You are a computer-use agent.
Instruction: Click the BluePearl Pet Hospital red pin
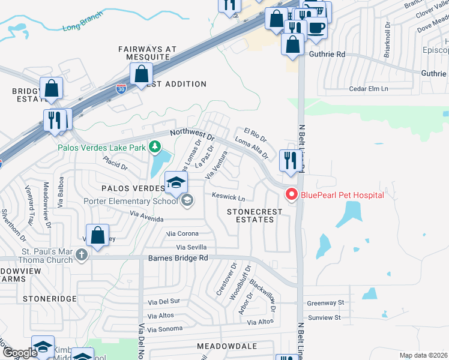[292, 194]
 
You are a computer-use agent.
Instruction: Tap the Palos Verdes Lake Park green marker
[155, 146]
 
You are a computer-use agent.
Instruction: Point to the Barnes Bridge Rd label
[178, 258]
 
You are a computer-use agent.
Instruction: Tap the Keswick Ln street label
[229, 196]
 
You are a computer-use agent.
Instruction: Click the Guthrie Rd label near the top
[327, 54]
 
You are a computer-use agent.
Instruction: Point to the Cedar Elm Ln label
[369, 89]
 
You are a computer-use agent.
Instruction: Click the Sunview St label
[324, 317]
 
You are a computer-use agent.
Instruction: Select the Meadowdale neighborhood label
[227, 347]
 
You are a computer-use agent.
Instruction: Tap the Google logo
[20, 353]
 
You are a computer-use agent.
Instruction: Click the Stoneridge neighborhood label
[50, 298]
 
